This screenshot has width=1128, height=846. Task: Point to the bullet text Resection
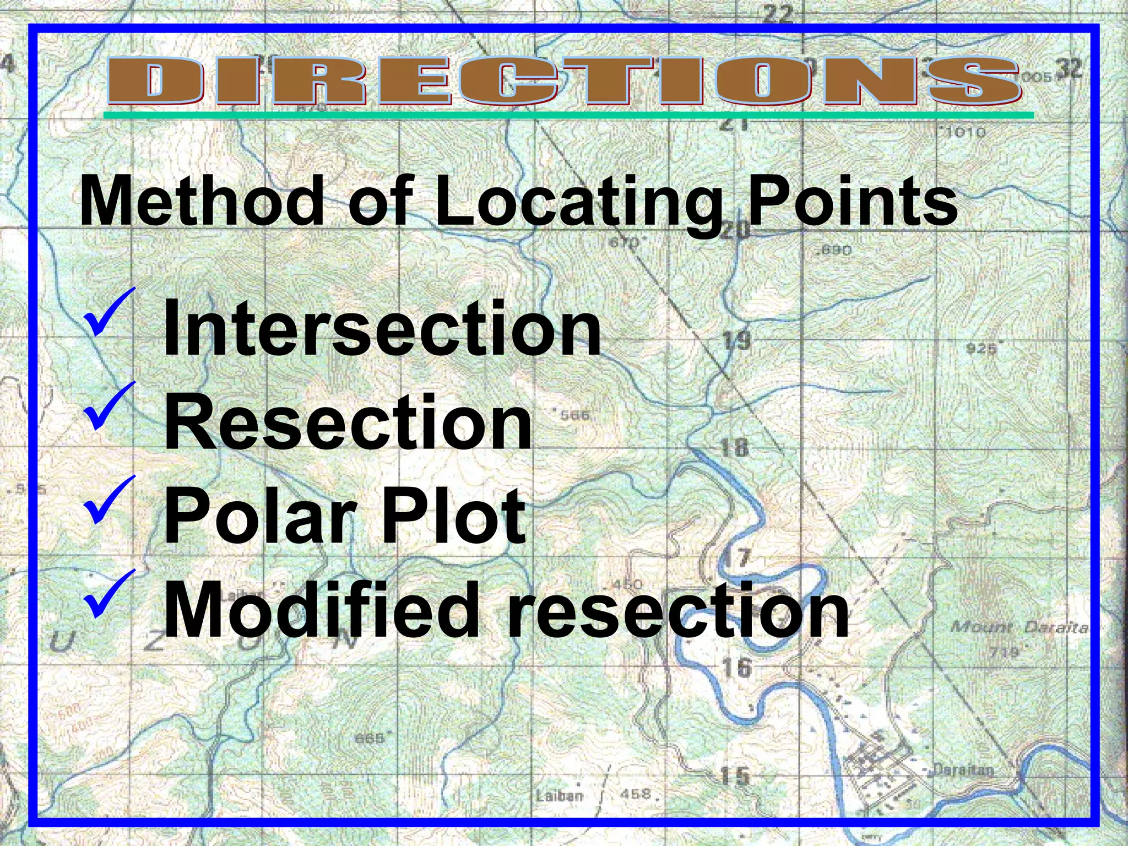tap(348, 422)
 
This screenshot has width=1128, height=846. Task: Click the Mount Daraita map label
tap(1019, 627)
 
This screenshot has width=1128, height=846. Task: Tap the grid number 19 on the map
tap(736, 340)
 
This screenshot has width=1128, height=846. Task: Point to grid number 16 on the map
tap(737, 668)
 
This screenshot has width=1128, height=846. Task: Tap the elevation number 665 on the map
tap(370, 737)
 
